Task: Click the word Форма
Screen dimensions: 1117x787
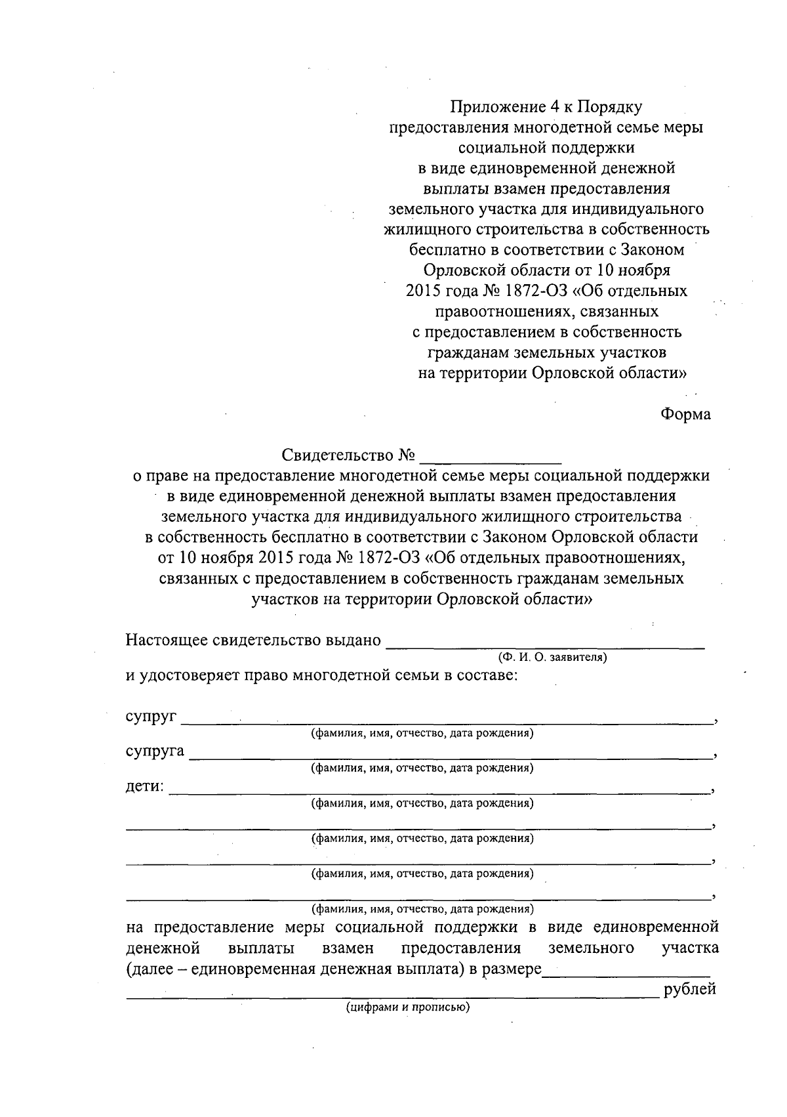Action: [x=685, y=415]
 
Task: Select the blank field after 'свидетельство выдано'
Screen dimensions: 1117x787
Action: [x=545, y=643]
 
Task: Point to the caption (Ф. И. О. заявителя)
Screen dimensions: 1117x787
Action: [x=552, y=657]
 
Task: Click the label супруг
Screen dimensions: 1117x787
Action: [x=151, y=716]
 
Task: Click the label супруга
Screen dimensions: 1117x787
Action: [x=155, y=751]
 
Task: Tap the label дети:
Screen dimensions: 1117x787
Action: [x=144, y=786]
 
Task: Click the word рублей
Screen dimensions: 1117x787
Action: [x=690, y=990]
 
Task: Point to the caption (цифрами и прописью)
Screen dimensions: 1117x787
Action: [x=409, y=1007]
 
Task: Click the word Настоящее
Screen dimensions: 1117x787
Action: [x=167, y=640]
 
